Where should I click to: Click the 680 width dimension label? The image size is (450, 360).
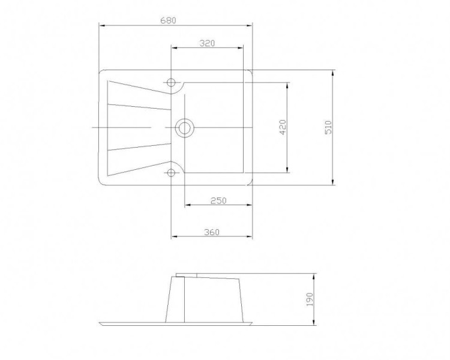[x=168, y=20]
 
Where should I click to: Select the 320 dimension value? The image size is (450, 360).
[x=207, y=43]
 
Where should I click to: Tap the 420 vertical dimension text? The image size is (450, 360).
[x=283, y=127]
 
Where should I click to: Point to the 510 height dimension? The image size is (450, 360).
[x=328, y=127]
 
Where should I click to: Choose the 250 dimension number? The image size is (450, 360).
[x=218, y=200]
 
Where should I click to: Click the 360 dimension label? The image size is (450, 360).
[x=212, y=232]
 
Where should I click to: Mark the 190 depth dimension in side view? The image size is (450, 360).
[x=310, y=299]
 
